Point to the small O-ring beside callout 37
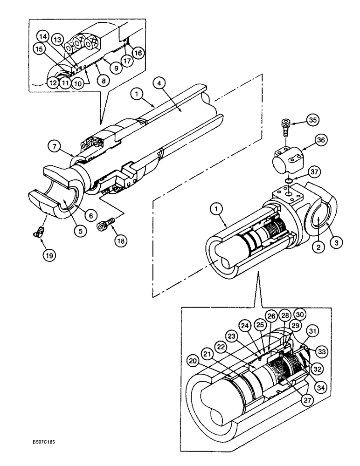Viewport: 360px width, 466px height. tap(290, 180)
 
